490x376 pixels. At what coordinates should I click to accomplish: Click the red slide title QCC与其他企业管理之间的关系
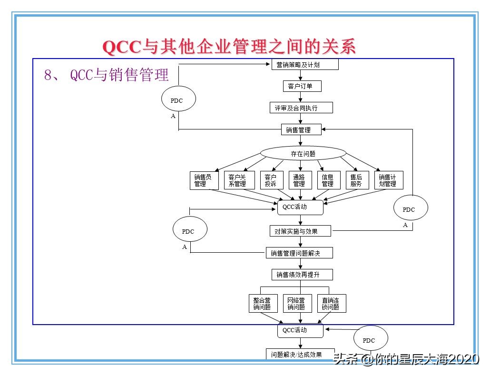[x=229, y=47]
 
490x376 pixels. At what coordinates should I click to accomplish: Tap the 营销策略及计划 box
[x=304, y=64]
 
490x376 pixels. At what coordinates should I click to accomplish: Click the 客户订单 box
[x=301, y=86]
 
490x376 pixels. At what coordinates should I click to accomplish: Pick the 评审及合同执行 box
[x=301, y=108]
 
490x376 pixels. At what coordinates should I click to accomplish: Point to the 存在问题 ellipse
[x=303, y=153]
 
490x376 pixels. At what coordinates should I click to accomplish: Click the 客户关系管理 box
[x=237, y=180]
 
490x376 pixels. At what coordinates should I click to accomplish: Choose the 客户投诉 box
[x=271, y=180]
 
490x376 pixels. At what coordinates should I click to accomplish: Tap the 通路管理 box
[x=299, y=180]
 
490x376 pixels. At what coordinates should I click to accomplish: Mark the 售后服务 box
[x=356, y=180]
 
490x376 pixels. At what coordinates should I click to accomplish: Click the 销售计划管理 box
[x=388, y=180]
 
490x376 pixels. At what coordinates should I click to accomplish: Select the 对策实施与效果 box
[x=300, y=231]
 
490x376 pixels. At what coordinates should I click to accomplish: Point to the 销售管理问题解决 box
[x=299, y=253]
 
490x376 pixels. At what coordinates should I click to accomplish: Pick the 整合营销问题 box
[x=263, y=304]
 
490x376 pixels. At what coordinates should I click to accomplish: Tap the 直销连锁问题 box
[x=331, y=304]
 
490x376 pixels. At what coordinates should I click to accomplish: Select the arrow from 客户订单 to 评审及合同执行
[x=300, y=97]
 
